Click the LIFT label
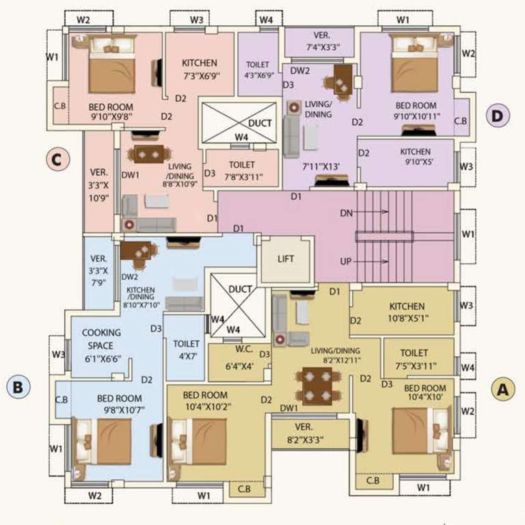tap(285, 260)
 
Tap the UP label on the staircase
tap(346, 262)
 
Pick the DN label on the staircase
tap(346, 213)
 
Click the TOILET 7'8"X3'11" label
tap(242, 171)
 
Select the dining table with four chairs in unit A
tap(317, 386)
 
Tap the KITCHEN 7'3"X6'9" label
tap(200, 68)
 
